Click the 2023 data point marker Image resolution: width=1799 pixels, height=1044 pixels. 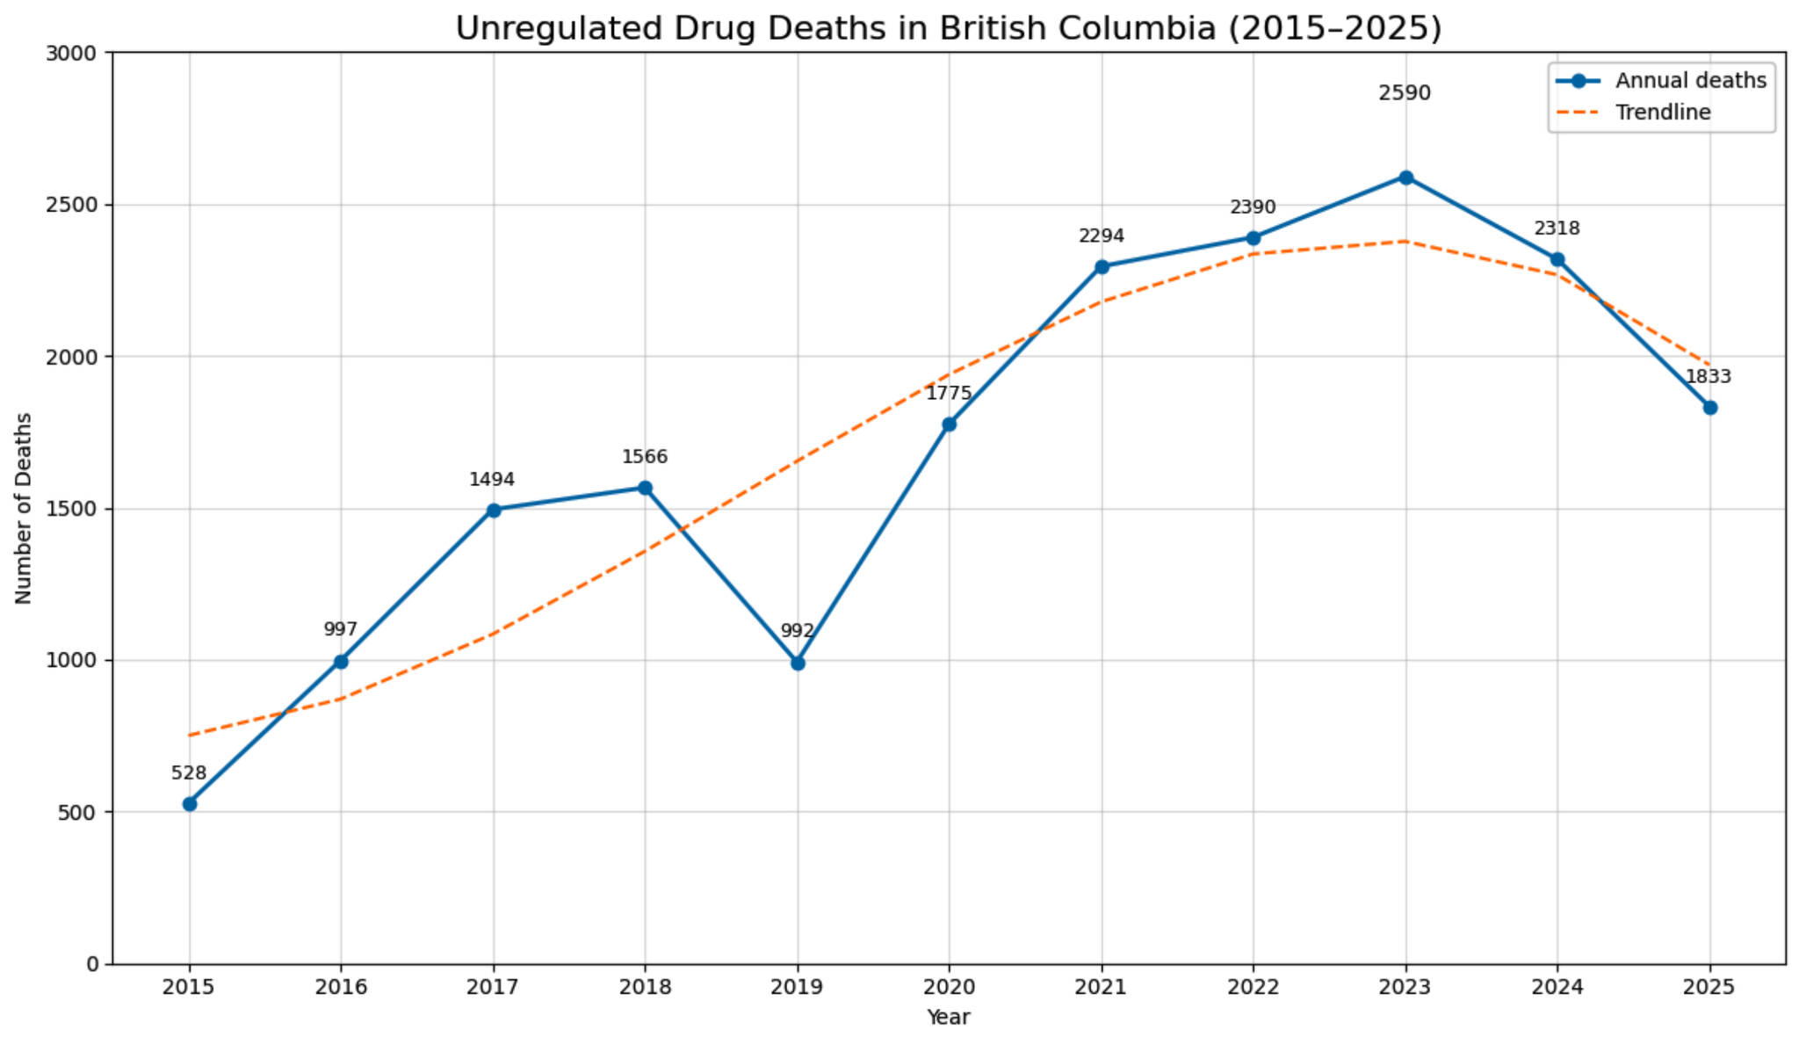1405,178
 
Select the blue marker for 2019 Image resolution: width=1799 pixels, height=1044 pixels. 798,663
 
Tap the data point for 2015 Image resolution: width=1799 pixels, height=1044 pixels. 189,804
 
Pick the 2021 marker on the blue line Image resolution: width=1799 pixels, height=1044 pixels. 1102,267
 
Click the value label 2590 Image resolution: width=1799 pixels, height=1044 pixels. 1405,93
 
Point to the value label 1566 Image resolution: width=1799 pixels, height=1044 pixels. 645,457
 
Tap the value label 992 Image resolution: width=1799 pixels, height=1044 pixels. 798,631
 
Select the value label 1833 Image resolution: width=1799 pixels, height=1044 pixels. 1709,377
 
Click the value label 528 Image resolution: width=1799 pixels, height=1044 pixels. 189,773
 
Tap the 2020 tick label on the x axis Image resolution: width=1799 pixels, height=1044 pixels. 949,988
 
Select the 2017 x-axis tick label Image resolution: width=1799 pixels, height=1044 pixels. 493,988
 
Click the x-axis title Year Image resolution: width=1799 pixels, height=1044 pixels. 949,1018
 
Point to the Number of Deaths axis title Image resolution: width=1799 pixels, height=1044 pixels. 24,508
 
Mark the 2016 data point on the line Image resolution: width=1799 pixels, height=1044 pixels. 341,662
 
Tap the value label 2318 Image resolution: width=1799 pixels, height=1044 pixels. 1557,228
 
